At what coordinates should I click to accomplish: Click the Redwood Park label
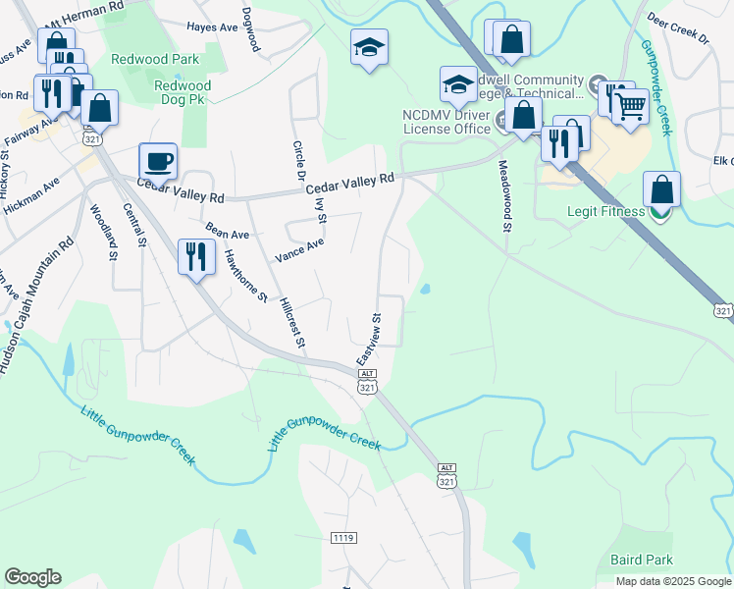(155, 59)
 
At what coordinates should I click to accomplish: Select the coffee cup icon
(158, 160)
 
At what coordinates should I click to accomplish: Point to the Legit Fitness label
(605, 211)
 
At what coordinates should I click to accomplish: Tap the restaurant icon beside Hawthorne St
(195, 256)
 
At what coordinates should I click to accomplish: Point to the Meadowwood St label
(506, 196)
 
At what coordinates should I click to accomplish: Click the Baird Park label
(642, 560)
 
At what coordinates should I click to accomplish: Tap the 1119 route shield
(343, 538)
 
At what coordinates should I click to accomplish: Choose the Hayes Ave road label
(212, 28)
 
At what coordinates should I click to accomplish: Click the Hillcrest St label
(293, 322)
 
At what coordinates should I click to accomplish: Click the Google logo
(32, 577)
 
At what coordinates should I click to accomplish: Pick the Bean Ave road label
(228, 232)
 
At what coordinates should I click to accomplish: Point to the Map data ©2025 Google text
(672, 581)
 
